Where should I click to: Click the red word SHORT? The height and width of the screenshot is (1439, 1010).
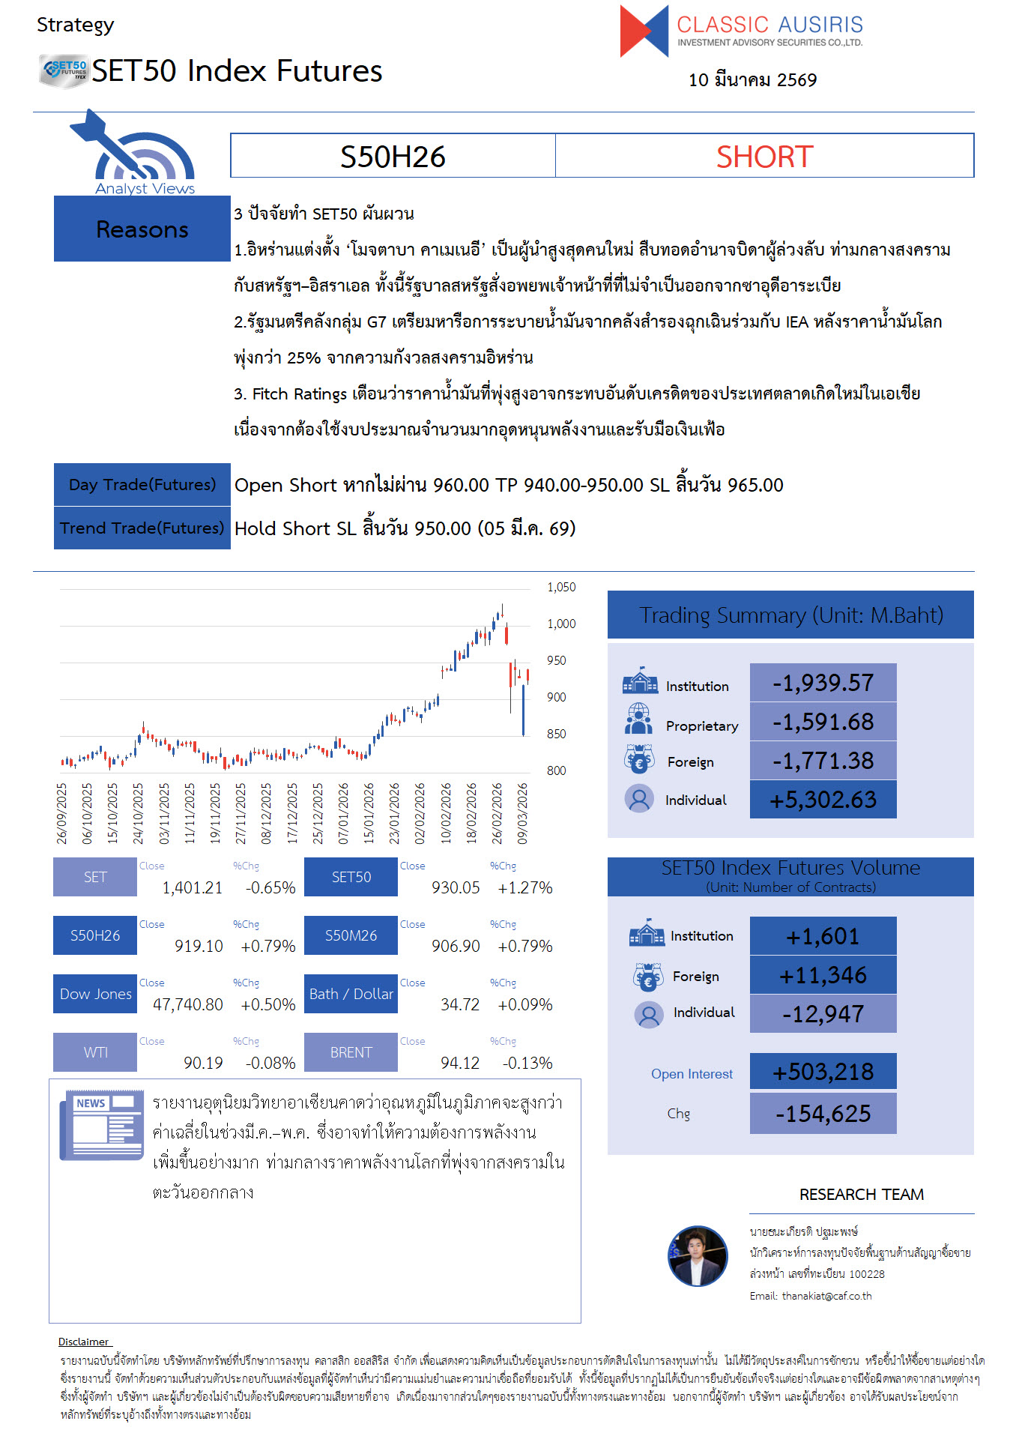764,157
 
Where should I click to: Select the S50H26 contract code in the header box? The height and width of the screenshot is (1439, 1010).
393,157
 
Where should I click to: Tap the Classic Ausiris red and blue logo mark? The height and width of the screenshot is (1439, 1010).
644,31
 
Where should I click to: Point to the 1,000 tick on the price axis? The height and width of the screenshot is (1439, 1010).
561,624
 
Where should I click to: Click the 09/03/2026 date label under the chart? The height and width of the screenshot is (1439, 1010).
522,813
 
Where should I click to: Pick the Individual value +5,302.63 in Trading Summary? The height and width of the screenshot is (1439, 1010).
823,800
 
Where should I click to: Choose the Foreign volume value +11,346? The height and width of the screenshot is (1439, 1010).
823,975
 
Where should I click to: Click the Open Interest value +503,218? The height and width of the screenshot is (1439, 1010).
823,1072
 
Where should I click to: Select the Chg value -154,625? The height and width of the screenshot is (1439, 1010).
823,1114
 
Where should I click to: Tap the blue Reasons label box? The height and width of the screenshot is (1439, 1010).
142,229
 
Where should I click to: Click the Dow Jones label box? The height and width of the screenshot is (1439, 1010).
95,994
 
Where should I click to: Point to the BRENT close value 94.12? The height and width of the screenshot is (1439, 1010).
459,1063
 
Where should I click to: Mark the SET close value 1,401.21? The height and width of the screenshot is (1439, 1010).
193,888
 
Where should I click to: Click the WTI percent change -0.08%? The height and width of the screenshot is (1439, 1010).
270,1063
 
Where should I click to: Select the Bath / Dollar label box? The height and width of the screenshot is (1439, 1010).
351,994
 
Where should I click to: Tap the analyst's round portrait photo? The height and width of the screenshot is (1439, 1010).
698,1256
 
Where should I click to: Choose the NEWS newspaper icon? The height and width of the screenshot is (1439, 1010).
102,1124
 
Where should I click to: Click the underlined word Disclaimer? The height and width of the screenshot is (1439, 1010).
84,1342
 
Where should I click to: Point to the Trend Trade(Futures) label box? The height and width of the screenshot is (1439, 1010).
142,528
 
